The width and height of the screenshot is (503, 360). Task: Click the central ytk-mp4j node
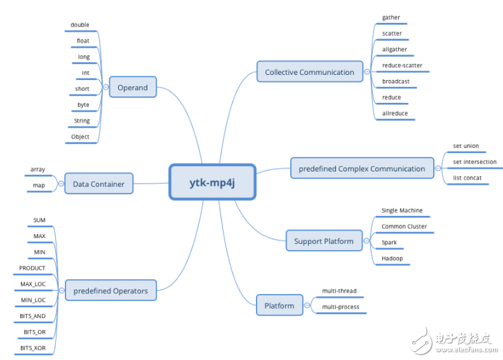[212, 183]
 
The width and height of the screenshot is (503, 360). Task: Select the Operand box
[132, 88]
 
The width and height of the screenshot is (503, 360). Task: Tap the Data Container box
[98, 184]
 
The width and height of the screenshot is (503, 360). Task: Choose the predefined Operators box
[111, 291]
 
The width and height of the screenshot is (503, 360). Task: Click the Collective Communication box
[309, 72]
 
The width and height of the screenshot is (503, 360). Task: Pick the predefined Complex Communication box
[362, 168]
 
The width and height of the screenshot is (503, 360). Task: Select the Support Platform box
[323, 241]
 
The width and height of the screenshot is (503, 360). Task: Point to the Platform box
[279, 305]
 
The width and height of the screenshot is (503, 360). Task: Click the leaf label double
[80, 25]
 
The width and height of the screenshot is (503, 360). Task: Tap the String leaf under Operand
[82, 121]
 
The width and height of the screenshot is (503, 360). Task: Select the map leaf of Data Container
[39, 185]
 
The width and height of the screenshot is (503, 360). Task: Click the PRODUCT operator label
[32, 268]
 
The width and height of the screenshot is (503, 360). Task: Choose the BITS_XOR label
[33, 348]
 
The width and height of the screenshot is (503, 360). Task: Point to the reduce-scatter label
[402, 65]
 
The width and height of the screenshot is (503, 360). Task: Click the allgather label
[394, 50]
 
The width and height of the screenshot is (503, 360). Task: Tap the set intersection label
[474, 162]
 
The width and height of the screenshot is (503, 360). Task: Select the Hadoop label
[392, 258]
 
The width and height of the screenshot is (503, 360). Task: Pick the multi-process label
[340, 307]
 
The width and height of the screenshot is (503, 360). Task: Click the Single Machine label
[402, 210]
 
